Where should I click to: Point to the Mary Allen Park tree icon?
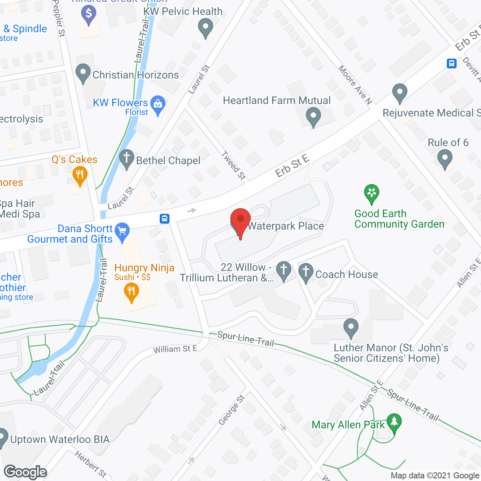(x=394, y=423)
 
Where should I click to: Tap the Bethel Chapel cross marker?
(x=127, y=159)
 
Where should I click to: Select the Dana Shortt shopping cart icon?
(x=122, y=231)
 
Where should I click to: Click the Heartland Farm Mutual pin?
(x=313, y=116)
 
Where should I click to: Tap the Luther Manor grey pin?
(x=351, y=328)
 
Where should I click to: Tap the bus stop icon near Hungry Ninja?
(x=165, y=219)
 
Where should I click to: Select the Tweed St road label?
(x=233, y=165)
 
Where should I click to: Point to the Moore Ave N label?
(x=355, y=85)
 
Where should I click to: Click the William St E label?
(x=175, y=349)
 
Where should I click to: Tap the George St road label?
(x=231, y=410)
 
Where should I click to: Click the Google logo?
(x=26, y=472)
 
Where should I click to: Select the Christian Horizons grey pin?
(x=83, y=73)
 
